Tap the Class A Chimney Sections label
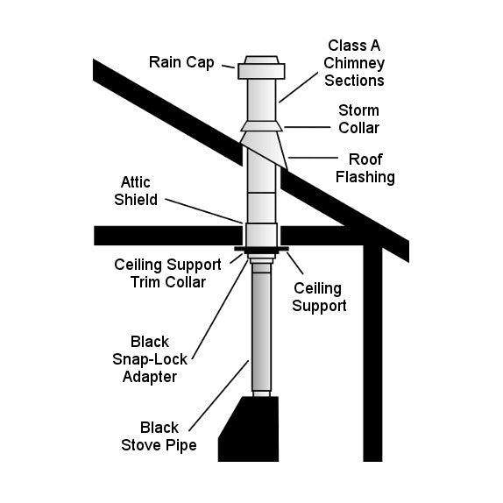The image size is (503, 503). point(356,62)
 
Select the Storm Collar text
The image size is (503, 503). point(358,119)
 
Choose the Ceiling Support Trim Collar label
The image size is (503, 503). point(160,273)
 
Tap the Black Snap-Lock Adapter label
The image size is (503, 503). point(152,359)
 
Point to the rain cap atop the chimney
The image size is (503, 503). point(262,67)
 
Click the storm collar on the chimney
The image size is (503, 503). point(262,125)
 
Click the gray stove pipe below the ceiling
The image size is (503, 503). point(262,333)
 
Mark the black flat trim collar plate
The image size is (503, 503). point(262,251)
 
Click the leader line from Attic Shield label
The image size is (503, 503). point(203,209)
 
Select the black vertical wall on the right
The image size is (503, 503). point(373,351)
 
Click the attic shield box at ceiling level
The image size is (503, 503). point(262,235)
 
